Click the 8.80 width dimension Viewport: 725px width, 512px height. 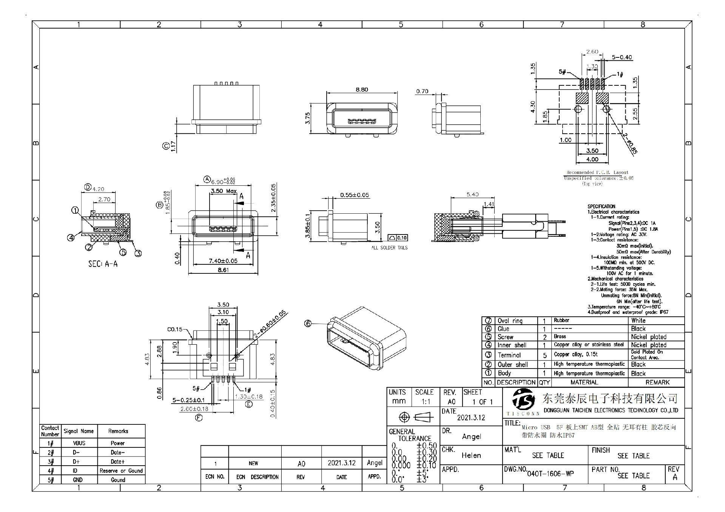click(x=361, y=89)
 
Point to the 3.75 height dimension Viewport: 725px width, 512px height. click(x=307, y=118)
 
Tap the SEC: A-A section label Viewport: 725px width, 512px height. click(x=103, y=264)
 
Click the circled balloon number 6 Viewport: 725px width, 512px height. click(x=308, y=323)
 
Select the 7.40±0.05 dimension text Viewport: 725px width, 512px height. click(x=223, y=261)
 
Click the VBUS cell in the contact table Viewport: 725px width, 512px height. click(x=79, y=443)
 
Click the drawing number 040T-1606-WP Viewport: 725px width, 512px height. click(x=550, y=473)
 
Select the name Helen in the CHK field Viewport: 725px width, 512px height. click(x=471, y=455)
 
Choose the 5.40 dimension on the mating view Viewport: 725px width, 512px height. click(x=472, y=194)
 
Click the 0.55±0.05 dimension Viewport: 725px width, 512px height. click(x=355, y=195)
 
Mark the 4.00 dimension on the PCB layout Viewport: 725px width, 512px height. click(x=592, y=159)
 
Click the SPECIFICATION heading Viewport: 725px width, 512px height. click(x=601, y=207)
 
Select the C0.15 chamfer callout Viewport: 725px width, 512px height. click(x=175, y=329)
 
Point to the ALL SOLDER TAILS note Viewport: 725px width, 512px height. click(x=389, y=248)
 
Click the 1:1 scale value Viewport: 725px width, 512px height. click(x=426, y=402)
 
